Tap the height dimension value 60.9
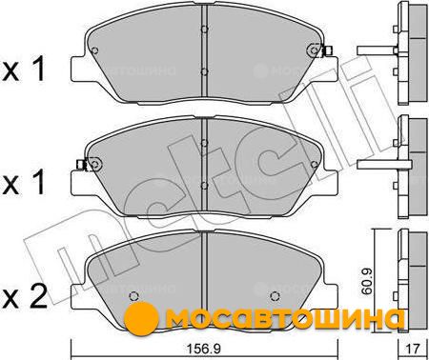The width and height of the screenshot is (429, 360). point(368,281)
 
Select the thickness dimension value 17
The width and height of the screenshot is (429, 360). point(414,350)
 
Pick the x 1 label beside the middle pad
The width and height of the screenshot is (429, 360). point(24,182)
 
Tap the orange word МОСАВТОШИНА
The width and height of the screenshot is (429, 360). point(285,317)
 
